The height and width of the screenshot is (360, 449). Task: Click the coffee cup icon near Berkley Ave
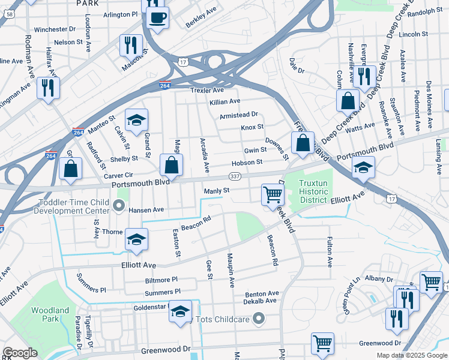pyautogui.click(x=158, y=17)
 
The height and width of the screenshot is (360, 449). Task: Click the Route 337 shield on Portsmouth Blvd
pyautogui.click(x=235, y=176)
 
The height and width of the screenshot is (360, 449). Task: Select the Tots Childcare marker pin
pyautogui.click(x=258, y=317)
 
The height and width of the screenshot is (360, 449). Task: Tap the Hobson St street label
pyautogui.click(x=247, y=162)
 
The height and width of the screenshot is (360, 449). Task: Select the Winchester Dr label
pyautogui.click(x=55, y=29)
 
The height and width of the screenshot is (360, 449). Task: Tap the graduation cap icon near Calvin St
pyautogui.click(x=136, y=120)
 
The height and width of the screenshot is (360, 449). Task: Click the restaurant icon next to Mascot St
pyautogui.click(x=130, y=45)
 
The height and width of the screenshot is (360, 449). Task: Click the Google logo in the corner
pyautogui.click(x=20, y=353)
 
